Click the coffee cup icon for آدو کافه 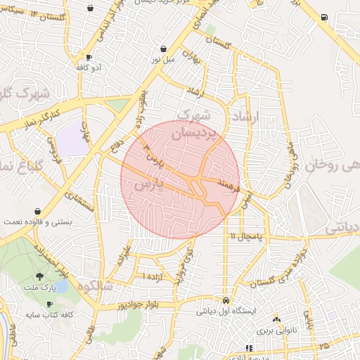89,57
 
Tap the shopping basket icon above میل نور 164,49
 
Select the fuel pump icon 323,17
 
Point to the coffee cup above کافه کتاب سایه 49,304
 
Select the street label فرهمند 230,186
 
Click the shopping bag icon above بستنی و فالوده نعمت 37,210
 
